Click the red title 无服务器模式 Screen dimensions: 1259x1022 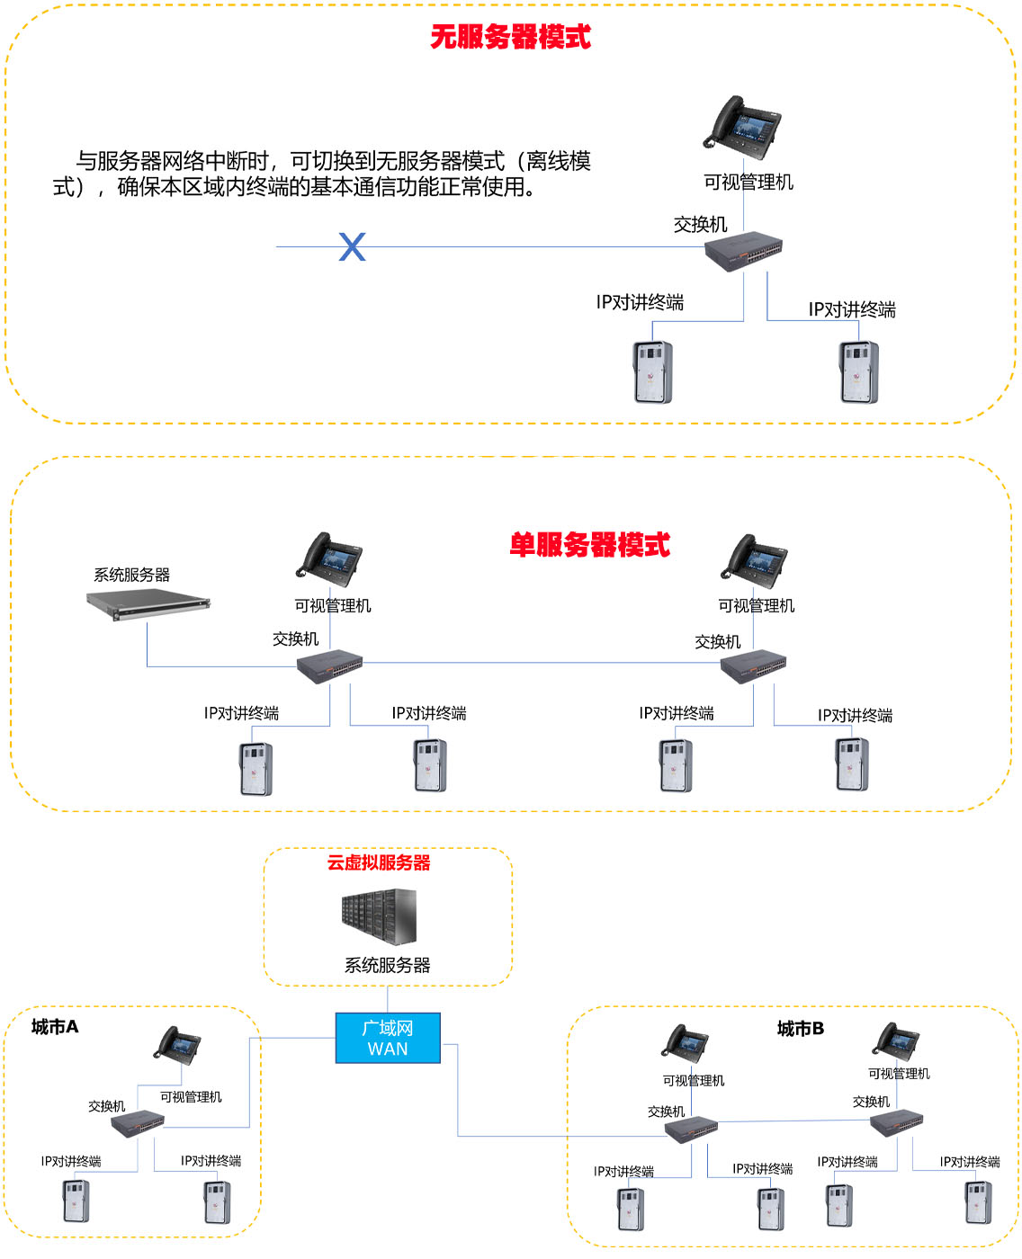click(x=510, y=37)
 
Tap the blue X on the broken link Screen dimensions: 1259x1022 click(x=352, y=246)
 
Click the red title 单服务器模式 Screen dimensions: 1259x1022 click(x=589, y=545)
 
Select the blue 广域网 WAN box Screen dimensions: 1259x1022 click(x=388, y=1039)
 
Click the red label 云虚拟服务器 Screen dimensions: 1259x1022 click(x=378, y=863)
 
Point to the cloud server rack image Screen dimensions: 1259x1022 click(x=379, y=917)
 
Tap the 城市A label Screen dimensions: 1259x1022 click(x=55, y=1027)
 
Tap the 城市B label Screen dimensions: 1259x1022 click(x=800, y=1028)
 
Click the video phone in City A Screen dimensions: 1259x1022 click(x=176, y=1045)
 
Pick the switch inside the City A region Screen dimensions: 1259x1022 click(x=138, y=1124)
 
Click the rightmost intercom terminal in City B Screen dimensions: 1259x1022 click(x=978, y=1202)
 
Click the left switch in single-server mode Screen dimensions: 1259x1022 click(x=330, y=666)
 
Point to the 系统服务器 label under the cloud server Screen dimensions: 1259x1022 click(x=387, y=966)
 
